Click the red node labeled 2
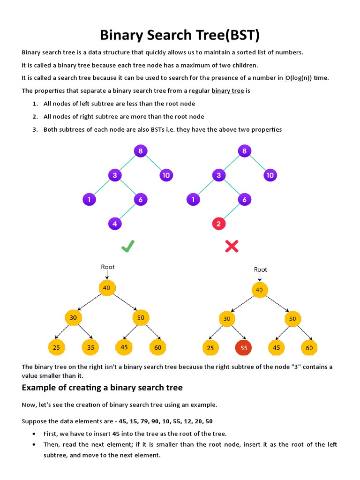tap(218, 224)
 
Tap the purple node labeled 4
tap(115, 224)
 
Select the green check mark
tap(127, 246)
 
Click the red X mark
tap(232, 246)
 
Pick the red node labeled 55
tap(243, 348)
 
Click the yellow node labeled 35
tap(90, 347)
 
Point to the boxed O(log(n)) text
tap(299, 78)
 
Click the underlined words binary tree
tap(228, 91)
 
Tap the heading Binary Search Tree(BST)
tap(180, 35)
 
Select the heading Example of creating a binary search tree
tap(102, 387)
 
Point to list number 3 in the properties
tap(35, 129)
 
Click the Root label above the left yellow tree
tap(108, 267)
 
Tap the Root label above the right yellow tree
tap(261, 270)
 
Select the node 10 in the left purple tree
tap(166, 175)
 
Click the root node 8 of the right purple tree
tap(244, 151)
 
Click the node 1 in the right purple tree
tap(193, 199)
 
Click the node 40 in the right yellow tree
tap(259, 290)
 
